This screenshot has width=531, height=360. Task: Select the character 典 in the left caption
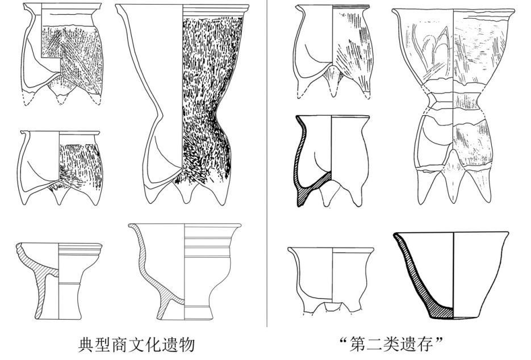coord(86,345)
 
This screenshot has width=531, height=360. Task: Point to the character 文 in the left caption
coord(136,345)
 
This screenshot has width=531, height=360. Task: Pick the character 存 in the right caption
coord(426,345)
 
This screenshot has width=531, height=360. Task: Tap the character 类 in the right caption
coord(392,345)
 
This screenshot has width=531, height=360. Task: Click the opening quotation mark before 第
coord(345,340)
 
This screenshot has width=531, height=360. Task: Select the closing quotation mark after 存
coord(439,340)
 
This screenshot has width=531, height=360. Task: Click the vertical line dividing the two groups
coord(267,163)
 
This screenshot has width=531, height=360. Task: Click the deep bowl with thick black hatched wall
coord(451,275)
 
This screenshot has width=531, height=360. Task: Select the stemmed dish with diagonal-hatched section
coord(59,281)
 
